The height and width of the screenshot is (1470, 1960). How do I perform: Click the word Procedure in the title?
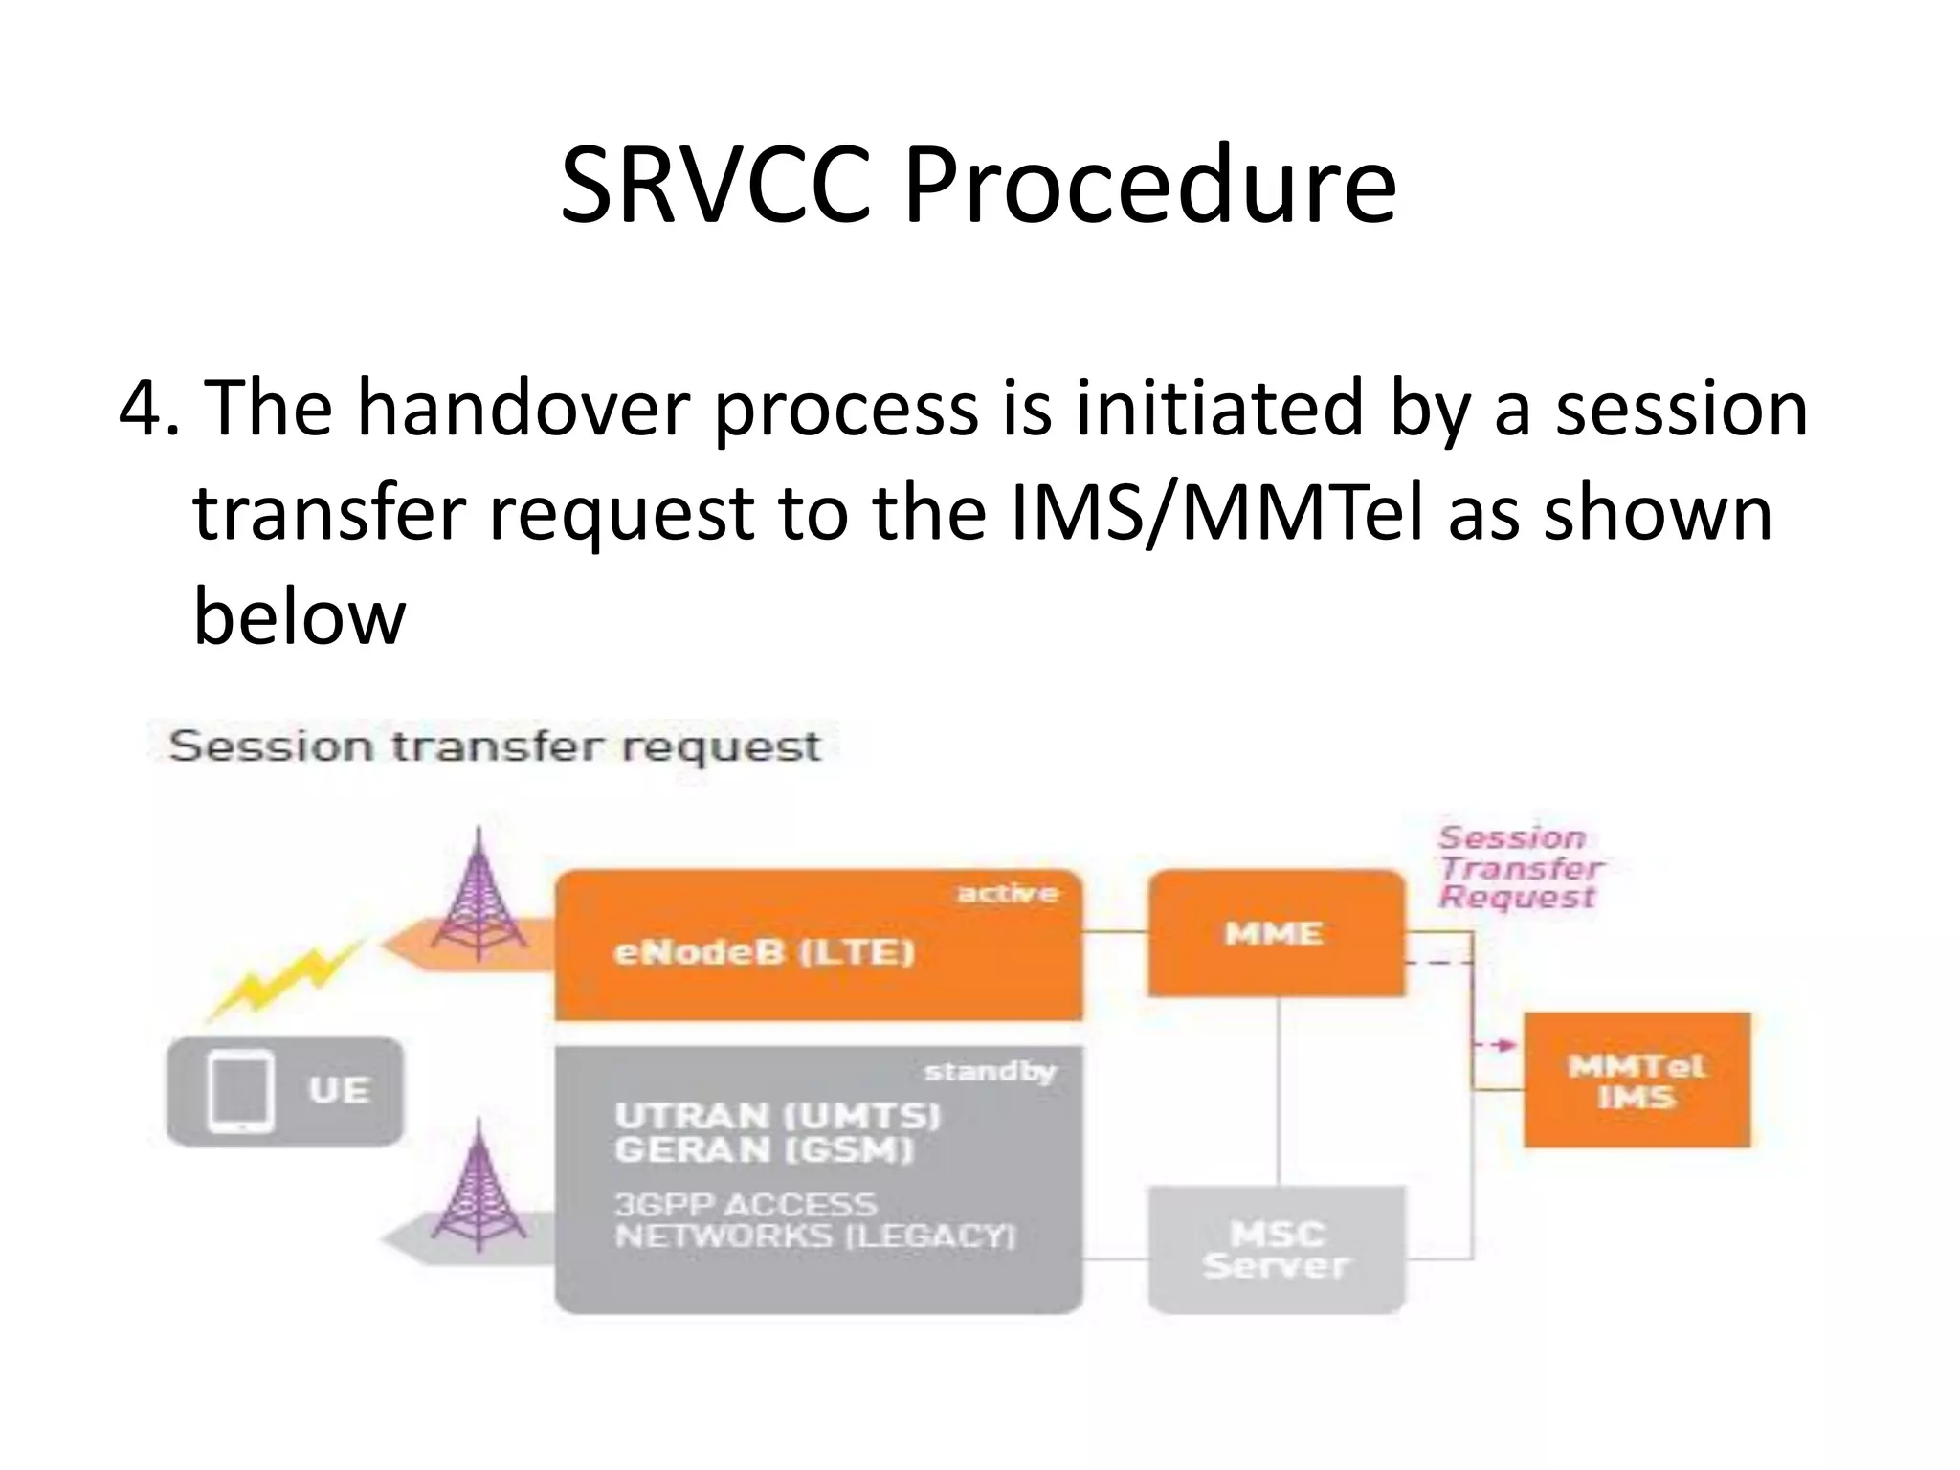coord(1148,187)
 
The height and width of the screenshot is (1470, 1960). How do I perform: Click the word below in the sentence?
coord(300,617)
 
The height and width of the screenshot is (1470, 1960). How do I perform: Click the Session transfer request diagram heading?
coord(494,746)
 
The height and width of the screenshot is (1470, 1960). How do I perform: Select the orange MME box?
coord(1276,933)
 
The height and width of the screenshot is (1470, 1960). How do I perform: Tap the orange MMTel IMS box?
coord(1637,1080)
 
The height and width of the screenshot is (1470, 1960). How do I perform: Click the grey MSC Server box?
coord(1276,1250)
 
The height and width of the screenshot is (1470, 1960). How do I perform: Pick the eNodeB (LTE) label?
coord(764,952)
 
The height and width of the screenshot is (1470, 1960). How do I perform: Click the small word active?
coord(1007,894)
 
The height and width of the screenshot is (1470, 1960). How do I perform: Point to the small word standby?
coord(990,1072)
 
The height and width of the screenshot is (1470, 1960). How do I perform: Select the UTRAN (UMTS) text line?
coord(777,1116)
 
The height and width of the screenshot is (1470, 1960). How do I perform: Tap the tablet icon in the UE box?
coord(240,1092)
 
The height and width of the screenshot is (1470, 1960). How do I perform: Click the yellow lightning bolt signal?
coord(285,979)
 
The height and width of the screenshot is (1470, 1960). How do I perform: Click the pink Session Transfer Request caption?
coord(1519,868)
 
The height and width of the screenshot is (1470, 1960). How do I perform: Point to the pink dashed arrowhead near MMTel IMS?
coord(1508,1045)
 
